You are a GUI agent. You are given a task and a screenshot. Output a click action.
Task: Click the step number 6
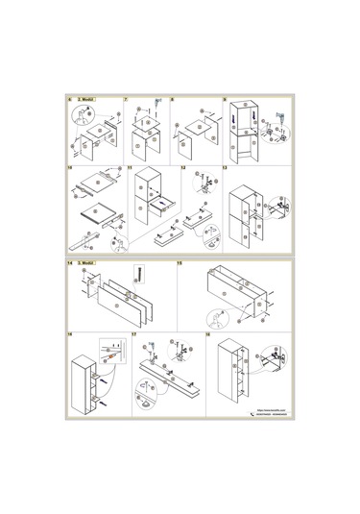tap(69, 99)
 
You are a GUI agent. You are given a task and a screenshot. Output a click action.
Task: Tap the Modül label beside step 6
tap(84, 99)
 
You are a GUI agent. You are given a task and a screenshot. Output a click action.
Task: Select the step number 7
tap(126, 99)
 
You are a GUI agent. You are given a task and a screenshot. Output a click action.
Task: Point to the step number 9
tap(225, 99)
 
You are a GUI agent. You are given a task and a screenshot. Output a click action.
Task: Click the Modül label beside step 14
tap(86, 262)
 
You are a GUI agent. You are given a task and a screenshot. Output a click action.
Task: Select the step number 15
tap(182, 262)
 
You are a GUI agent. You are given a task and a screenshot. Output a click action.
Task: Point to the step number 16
tap(69, 334)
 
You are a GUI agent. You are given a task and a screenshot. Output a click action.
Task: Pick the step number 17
tap(133, 334)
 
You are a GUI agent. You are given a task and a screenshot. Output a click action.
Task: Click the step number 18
tap(209, 334)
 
